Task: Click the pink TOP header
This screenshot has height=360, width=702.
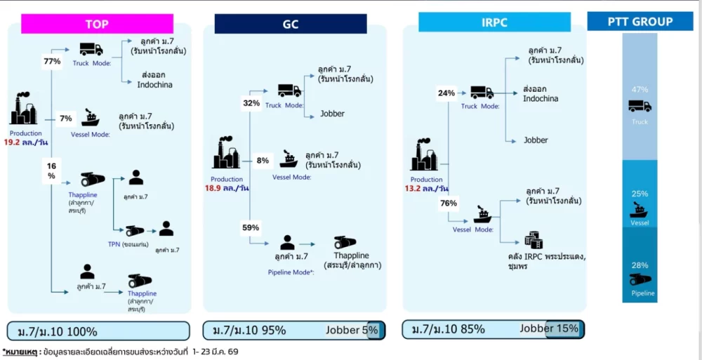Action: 97,24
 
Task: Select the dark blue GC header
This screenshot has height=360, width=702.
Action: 290,24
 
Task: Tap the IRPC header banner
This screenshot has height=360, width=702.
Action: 494,22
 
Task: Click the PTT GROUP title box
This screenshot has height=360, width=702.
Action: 640,22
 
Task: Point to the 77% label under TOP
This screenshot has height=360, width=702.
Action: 53,62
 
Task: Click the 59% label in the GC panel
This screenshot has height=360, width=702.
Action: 251,227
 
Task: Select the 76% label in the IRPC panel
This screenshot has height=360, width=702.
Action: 448,204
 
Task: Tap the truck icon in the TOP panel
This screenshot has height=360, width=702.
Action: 91,49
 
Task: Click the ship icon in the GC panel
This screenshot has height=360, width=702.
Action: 289,159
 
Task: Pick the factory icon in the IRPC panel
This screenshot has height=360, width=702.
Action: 423,156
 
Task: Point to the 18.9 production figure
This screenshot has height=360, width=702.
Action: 213,188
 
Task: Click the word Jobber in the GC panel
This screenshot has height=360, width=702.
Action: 332,114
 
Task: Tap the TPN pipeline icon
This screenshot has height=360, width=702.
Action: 134,231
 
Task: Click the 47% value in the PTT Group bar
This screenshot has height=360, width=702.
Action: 640,90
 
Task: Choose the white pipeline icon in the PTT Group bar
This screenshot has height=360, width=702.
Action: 640,280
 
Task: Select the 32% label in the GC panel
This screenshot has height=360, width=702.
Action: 251,103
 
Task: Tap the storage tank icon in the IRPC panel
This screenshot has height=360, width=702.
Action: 534,240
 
